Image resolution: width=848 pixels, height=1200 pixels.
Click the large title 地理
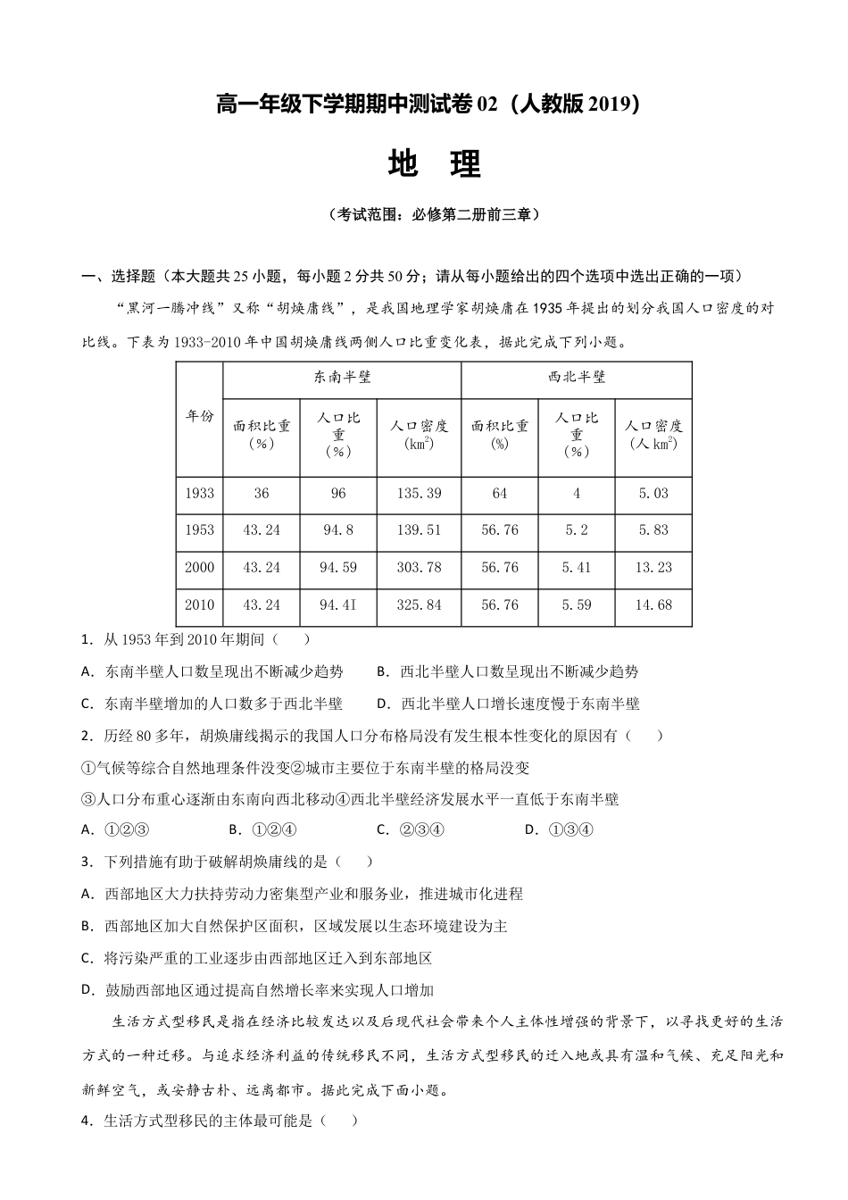click(x=435, y=163)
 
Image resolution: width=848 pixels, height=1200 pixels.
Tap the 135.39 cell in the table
click(x=419, y=493)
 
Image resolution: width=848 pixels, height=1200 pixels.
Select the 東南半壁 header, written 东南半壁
click(x=342, y=378)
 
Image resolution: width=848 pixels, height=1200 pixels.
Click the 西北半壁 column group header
click(x=577, y=378)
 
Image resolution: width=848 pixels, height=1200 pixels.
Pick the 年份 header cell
click(x=199, y=416)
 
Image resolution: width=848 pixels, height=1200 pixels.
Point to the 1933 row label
click(x=199, y=493)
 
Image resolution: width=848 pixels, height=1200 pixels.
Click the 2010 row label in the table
click(x=199, y=604)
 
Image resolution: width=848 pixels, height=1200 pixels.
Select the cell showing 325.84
click(x=419, y=604)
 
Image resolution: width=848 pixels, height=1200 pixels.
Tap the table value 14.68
click(x=653, y=604)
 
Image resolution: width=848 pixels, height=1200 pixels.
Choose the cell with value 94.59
click(x=337, y=567)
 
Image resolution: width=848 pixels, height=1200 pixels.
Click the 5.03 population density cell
click(x=653, y=493)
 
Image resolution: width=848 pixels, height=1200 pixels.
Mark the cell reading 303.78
click(x=419, y=567)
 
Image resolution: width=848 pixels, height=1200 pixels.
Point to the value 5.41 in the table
click(x=577, y=567)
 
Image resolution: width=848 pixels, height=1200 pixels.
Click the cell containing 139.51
click(x=419, y=529)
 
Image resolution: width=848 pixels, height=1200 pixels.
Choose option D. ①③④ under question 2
click(x=558, y=829)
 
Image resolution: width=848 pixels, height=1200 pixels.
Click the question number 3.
click(x=87, y=862)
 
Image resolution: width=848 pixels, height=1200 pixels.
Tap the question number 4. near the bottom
click(x=87, y=1121)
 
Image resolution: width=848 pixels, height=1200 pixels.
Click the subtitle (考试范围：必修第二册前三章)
click(x=434, y=215)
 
